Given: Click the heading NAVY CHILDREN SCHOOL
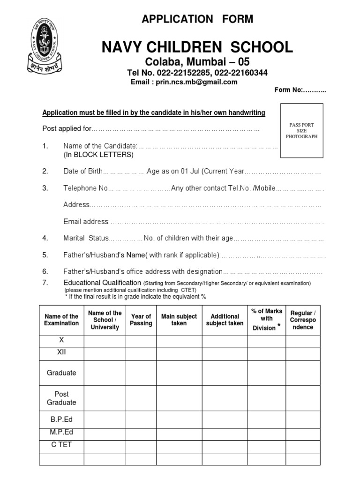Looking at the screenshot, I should coord(197,47).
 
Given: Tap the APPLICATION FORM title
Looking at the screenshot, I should coord(197,19).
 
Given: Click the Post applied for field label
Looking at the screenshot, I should coord(67,129).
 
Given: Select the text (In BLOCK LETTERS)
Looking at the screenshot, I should coord(98,155).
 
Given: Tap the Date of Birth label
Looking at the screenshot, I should coord(82,172).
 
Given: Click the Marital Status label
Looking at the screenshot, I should coord(86,238).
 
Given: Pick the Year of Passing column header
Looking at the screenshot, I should coord(141,320).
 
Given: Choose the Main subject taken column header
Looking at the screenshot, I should coord(179,320).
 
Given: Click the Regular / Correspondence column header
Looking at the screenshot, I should coord(303,320).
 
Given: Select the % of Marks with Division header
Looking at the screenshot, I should coord(266,320).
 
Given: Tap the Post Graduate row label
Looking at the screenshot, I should coord(61,398).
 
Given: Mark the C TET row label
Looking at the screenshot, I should coord(61,444).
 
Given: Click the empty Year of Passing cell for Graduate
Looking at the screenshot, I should coord(141,373).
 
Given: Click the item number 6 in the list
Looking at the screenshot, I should coord(45,271).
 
